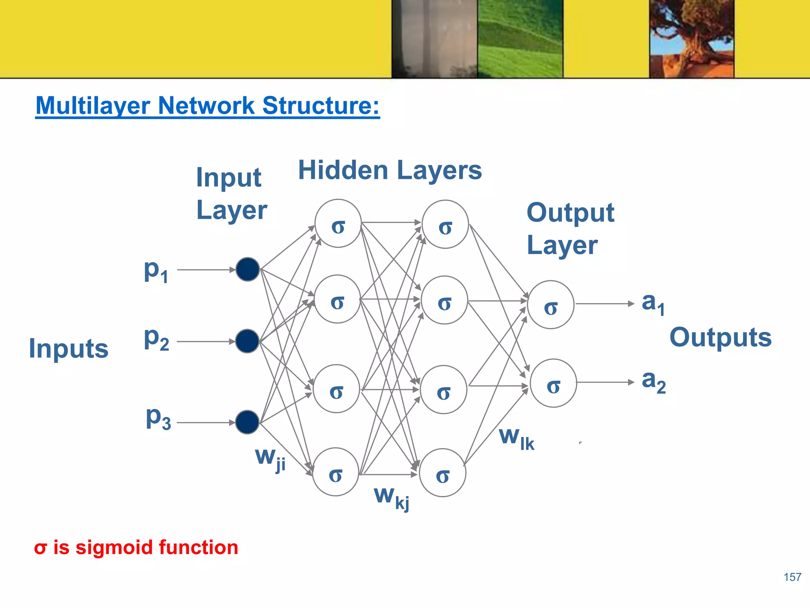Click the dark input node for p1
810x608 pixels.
click(248, 270)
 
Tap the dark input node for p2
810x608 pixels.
click(247, 341)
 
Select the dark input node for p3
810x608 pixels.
click(247, 422)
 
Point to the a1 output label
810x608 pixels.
click(653, 304)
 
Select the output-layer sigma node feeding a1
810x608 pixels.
click(551, 305)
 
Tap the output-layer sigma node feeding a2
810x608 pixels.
click(553, 383)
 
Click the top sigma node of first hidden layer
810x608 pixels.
click(338, 224)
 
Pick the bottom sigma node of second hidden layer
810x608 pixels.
click(443, 473)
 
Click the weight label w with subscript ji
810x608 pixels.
click(270, 459)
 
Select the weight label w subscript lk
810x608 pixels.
click(517, 439)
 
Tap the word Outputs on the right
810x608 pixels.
click(720, 338)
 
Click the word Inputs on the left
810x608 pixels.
click(69, 349)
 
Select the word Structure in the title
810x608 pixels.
click(321, 106)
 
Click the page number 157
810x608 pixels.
click(792, 577)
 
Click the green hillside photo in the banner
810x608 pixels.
click(520, 38)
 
